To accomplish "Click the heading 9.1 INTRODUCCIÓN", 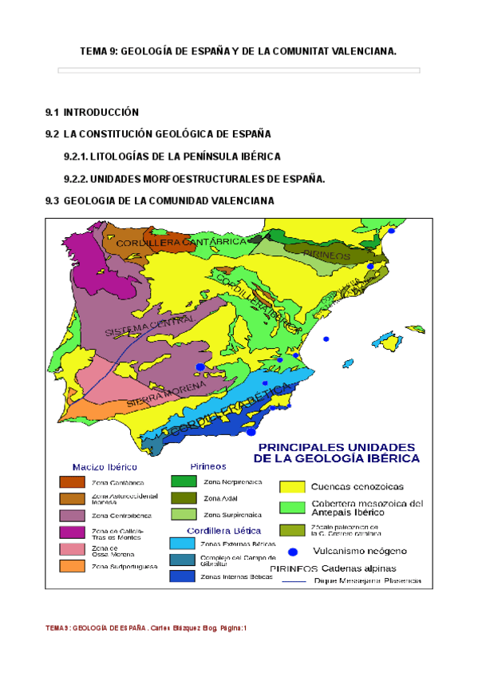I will (93, 112).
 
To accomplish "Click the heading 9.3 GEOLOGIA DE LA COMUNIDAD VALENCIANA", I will (160, 201).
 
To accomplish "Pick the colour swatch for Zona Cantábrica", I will (71, 481).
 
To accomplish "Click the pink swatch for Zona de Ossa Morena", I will (71, 549).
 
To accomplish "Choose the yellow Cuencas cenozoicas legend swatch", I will (292, 486).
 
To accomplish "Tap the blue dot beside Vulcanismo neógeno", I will (293, 551).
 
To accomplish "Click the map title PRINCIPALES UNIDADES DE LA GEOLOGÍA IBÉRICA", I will (336, 452).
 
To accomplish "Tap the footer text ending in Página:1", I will (146, 628).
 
